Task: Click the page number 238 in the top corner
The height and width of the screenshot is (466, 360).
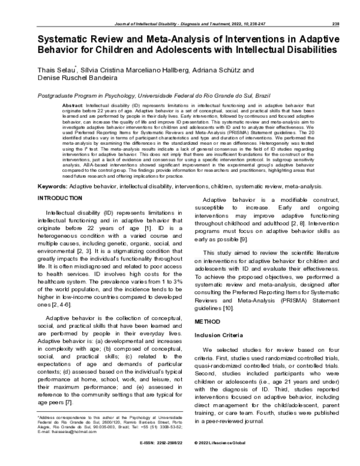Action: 336,7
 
